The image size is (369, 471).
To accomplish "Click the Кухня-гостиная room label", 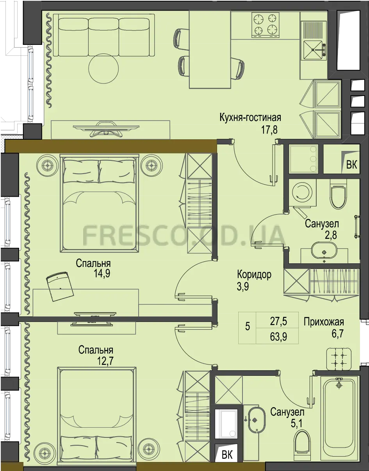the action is click(x=250, y=117).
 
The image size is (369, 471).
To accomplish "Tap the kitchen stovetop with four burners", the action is click(x=266, y=25).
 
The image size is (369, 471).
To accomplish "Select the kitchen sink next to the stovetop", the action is click(x=313, y=50).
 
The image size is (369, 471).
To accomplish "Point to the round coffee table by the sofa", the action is click(x=103, y=68).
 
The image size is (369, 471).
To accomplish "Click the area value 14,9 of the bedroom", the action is click(x=102, y=274).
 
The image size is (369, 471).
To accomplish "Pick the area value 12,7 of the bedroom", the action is click(x=105, y=361).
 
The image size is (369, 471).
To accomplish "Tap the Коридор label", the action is click(x=254, y=274).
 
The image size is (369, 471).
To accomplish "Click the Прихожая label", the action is click(x=324, y=322).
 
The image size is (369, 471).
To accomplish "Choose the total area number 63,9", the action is click(x=278, y=337).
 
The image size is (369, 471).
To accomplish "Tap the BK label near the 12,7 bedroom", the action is click(x=227, y=454).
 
